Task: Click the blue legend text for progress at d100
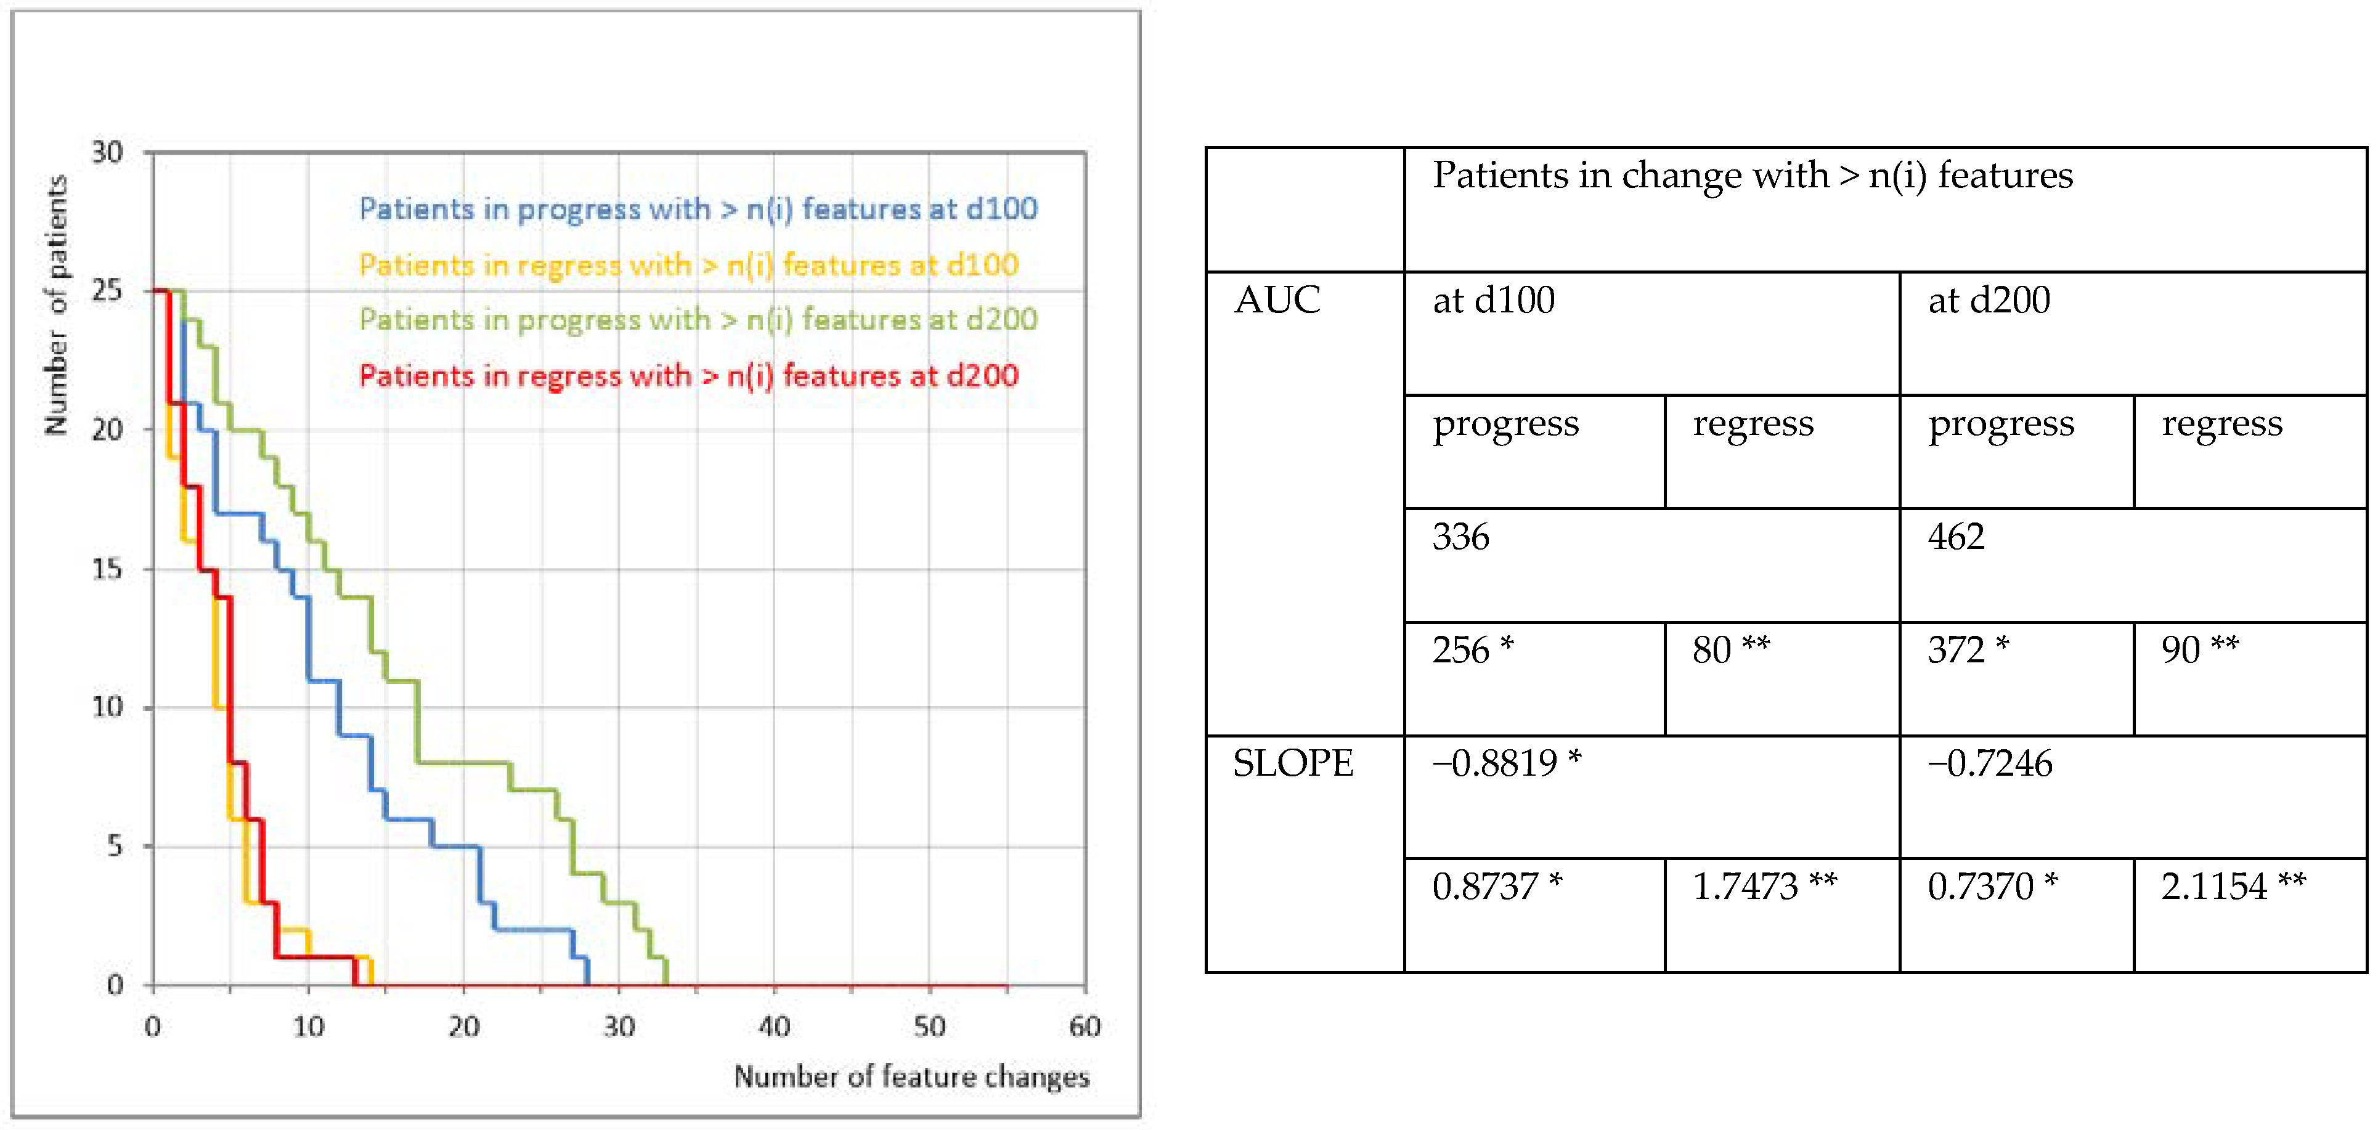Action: pos(698,209)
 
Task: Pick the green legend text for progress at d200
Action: pos(698,319)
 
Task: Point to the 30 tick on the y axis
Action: pos(107,152)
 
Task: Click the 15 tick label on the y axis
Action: pos(107,569)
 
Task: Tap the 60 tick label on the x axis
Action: pos(1085,1026)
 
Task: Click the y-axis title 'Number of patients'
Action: pos(56,304)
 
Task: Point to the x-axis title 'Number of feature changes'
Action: pos(911,1076)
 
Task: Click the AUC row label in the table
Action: pos(1277,300)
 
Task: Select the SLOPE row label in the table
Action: pos(1293,763)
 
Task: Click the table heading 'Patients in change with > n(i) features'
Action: pos(1752,176)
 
